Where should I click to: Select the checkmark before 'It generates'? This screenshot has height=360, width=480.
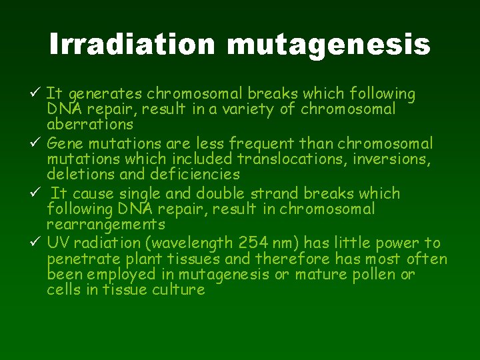click(x=37, y=93)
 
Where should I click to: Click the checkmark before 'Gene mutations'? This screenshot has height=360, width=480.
click(x=37, y=143)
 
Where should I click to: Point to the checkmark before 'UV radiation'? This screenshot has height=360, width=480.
click(x=37, y=243)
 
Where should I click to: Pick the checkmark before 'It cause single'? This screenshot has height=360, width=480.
click(x=37, y=193)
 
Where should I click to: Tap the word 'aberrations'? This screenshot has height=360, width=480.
click(x=89, y=125)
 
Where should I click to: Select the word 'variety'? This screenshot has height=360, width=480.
click(x=250, y=109)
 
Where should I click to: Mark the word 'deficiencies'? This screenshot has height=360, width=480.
click(x=194, y=175)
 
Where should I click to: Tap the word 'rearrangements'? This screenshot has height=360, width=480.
click(x=106, y=225)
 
